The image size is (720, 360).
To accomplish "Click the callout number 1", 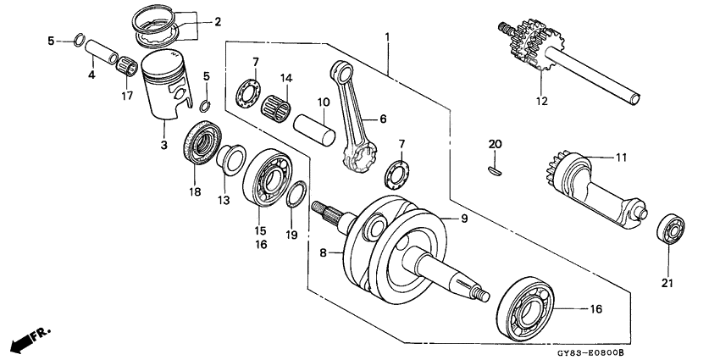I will coord(387,37).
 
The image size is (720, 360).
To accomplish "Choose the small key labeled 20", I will coord(496,169).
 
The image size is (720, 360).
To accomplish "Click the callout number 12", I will coord(541,101).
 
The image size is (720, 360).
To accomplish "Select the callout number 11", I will coord(596,158).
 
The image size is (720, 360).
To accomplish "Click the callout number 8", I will coord(322,252).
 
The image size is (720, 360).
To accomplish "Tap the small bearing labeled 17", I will coord(128,64).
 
